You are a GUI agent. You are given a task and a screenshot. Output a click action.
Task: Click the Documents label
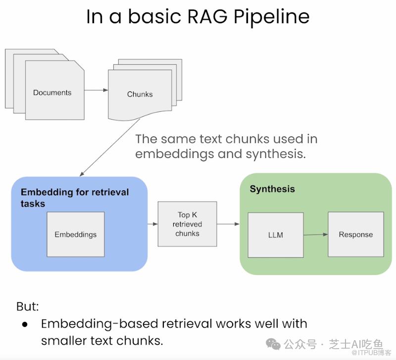52,92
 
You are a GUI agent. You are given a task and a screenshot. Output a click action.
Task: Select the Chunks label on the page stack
140,94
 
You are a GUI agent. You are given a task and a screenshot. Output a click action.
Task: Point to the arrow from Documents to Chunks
96,90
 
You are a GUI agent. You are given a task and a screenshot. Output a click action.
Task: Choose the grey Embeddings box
76,234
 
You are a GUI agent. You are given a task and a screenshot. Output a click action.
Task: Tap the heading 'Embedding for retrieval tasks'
74,197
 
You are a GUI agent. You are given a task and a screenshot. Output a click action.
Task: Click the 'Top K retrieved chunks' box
187,224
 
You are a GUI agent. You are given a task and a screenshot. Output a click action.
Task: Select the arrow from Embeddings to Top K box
152,224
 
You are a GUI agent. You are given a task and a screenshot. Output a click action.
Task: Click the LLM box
275,235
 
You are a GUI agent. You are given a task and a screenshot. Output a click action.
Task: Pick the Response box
355,234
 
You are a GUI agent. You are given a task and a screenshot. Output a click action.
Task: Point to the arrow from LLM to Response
315,234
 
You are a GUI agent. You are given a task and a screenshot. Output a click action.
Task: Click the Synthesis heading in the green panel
272,189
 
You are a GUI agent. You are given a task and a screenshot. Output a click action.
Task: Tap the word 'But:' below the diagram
27,306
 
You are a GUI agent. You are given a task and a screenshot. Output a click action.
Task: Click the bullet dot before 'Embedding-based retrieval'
25,324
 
